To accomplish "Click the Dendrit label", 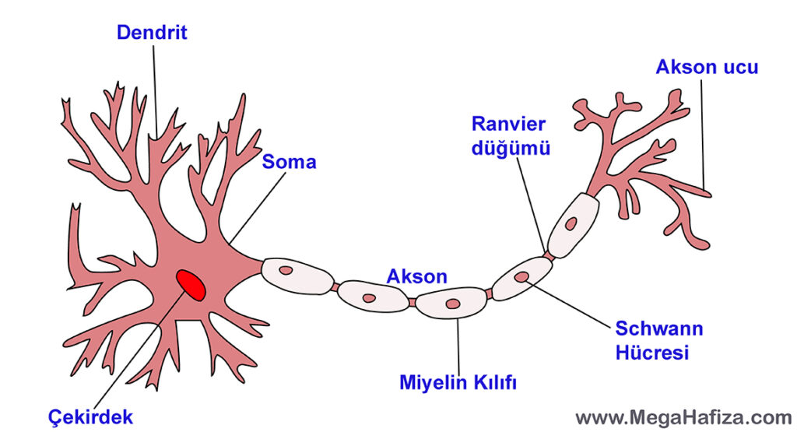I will (152, 33).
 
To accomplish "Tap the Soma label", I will (289, 162).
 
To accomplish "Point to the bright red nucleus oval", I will (191, 284).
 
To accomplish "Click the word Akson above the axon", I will (417, 276).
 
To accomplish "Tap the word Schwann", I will (658, 328).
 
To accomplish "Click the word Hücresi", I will (652, 352).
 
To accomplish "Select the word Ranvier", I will (509, 124).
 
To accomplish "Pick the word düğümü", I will (511, 148).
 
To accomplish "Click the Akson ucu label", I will (707, 67).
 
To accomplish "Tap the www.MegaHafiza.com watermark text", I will (683, 417).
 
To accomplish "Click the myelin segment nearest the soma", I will (297, 272).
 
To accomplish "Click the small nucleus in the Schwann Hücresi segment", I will (521, 277).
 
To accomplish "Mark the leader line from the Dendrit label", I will (155, 86).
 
